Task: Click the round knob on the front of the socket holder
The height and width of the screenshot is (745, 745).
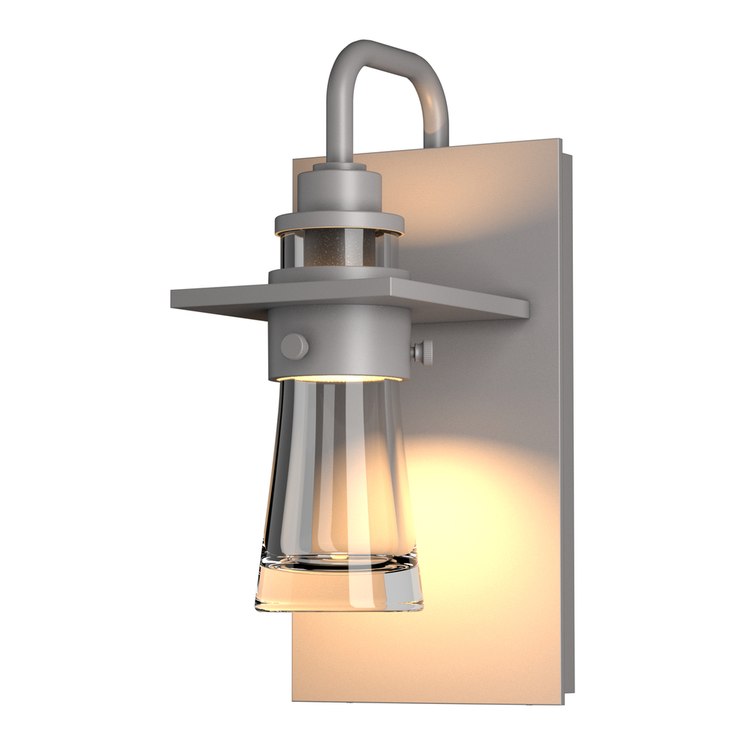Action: pos(294,345)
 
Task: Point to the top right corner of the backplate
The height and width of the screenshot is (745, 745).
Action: pos(557,140)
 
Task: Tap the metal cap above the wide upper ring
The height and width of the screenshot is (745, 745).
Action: pos(340,190)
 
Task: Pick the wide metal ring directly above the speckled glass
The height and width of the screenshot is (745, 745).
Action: pos(339,221)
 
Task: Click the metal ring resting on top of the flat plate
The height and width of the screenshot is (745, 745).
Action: pos(339,276)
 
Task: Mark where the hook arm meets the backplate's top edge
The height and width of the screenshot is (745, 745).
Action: pos(437,143)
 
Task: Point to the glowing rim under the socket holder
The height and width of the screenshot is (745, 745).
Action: pos(339,378)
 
